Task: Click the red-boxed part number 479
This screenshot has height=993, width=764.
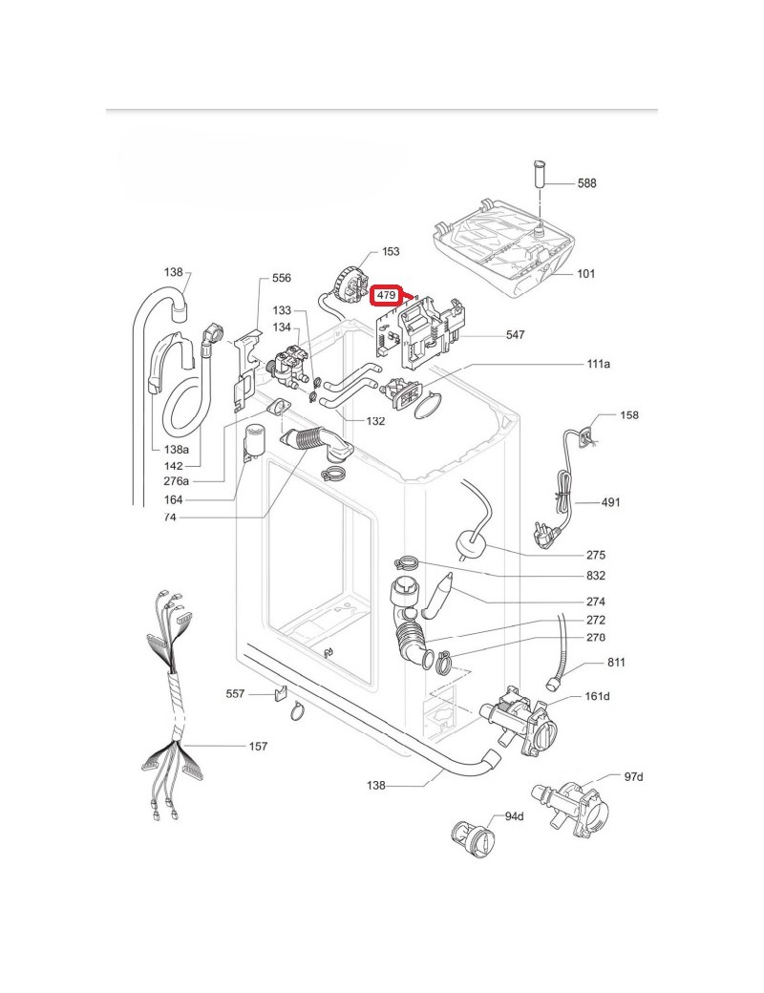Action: coord(387,296)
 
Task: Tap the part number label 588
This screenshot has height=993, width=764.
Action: coord(586,182)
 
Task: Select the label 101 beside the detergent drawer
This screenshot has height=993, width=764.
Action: coord(585,274)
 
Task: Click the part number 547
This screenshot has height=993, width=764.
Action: coord(516,335)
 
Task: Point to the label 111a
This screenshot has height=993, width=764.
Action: coord(599,365)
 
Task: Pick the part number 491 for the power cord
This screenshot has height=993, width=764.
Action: coord(611,501)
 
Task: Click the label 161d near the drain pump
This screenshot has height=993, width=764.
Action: coord(597,696)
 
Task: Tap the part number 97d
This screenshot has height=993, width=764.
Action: coord(634,776)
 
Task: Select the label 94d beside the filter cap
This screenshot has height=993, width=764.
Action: coord(515,816)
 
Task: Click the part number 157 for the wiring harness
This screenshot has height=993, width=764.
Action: coord(258,746)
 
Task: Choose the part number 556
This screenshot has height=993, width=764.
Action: coord(282,278)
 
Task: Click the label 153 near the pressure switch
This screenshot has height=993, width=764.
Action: coord(391,252)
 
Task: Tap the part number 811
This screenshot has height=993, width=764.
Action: coord(617,663)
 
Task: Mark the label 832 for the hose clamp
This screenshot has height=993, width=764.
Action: coord(596,576)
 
